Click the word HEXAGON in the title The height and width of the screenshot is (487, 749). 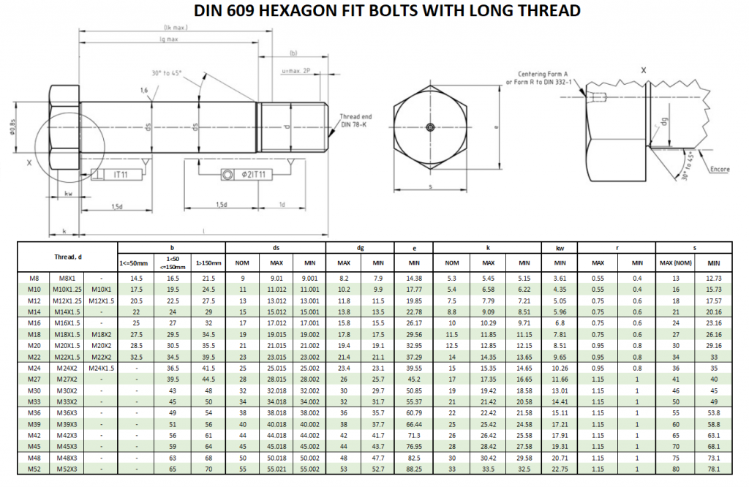click(307, 10)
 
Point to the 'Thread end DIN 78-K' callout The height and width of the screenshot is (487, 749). click(356, 120)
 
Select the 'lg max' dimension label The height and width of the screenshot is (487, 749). click(168, 39)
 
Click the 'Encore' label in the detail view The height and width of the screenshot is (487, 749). click(720, 169)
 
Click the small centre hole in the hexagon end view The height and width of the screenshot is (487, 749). click(430, 127)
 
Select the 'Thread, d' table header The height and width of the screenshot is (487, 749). click(69, 257)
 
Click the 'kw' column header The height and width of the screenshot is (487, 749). click(560, 248)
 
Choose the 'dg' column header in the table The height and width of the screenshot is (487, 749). click(361, 248)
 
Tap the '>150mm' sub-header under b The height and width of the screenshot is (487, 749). click(208, 263)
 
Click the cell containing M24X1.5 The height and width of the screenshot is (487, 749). click(102, 369)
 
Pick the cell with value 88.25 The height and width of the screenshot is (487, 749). click(414, 469)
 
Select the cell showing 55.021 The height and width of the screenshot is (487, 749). click(276, 469)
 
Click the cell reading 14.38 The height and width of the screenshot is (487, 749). click(414, 279)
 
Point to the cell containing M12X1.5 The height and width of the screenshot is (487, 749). click(102, 301)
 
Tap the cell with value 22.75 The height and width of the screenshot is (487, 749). click(560, 469)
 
